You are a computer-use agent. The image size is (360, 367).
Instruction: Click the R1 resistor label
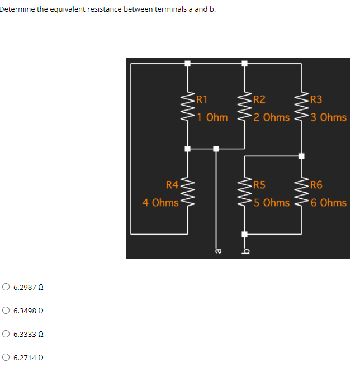click(x=203, y=100)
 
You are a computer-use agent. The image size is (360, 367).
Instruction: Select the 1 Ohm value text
click(x=213, y=117)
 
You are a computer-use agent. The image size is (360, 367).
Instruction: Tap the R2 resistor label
click(x=259, y=100)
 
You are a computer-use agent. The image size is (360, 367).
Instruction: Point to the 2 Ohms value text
click(x=271, y=117)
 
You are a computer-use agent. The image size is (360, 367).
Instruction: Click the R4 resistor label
click(x=172, y=185)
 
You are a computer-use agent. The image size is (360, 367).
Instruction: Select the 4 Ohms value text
click(x=160, y=202)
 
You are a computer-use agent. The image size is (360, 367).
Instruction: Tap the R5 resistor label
click(x=259, y=185)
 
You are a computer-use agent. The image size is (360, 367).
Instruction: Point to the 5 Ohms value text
click(x=271, y=202)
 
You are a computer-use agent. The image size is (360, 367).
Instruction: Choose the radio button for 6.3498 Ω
click(x=6, y=311)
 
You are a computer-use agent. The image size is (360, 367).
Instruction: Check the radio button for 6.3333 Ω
click(x=6, y=334)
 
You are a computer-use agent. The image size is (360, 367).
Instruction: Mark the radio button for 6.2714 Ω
click(x=6, y=358)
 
